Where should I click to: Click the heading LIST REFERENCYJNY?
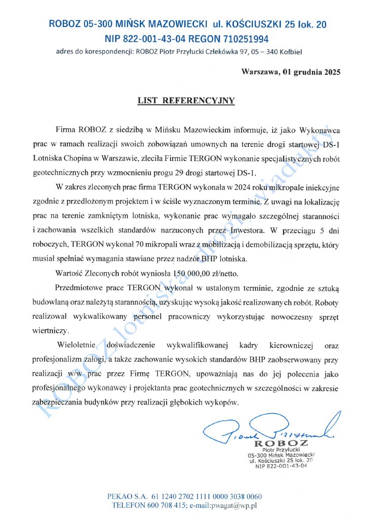pos(186,101)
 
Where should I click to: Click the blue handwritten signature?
pos(270,428)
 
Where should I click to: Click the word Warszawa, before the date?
pos(260,72)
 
